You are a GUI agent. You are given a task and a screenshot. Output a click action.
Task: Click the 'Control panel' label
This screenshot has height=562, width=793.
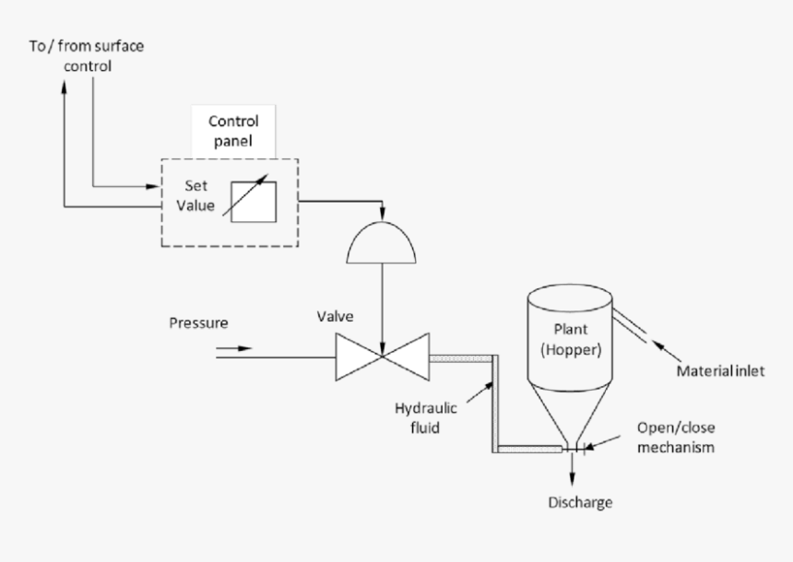[x=233, y=132]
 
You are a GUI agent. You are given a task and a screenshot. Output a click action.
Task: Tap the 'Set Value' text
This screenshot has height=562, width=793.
[x=196, y=194]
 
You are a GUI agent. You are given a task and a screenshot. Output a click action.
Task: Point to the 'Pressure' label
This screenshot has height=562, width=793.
[x=198, y=323]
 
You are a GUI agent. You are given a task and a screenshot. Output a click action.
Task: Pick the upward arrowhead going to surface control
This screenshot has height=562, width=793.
[x=64, y=85]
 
